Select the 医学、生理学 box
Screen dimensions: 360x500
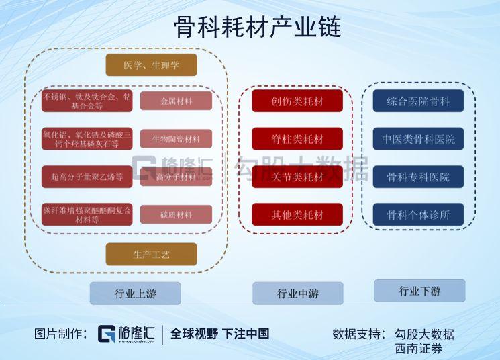coord(151,65)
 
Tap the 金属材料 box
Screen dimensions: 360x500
coord(176,101)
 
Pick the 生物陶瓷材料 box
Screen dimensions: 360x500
coord(176,139)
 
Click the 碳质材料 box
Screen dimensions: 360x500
coord(176,215)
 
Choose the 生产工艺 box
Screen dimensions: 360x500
coord(151,254)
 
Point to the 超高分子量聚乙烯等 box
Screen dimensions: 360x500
coord(87,177)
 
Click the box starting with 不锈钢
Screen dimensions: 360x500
coord(87,101)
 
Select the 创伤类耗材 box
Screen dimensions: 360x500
coord(297,101)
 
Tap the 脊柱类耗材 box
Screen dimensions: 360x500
coord(297,139)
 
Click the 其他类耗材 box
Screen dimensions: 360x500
coord(297,215)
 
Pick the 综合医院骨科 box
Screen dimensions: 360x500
coord(418,101)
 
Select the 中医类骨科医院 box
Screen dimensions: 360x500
coord(418,139)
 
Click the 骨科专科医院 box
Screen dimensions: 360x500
coord(418,177)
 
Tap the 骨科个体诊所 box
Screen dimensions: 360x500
coord(418,215)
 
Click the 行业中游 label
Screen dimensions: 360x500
coord(297,294)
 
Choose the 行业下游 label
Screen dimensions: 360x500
coord(419,291)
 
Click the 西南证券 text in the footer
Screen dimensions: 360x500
coord(419,349)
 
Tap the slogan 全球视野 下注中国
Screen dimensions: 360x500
coord(219,334)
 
